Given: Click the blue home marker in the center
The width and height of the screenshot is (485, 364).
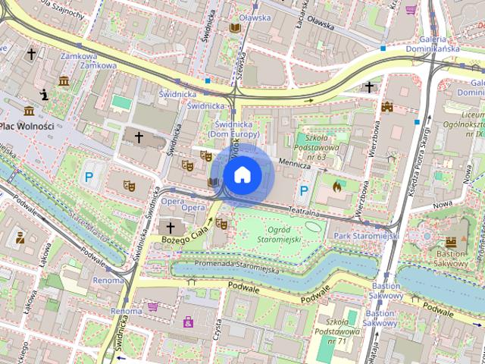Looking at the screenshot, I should coord(242,175).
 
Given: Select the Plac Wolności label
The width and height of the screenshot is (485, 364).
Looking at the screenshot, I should coord(26,126).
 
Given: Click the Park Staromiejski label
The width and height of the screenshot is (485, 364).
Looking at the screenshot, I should coord(366,237).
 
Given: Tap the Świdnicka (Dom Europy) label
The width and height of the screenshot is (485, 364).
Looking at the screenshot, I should coord(236,128).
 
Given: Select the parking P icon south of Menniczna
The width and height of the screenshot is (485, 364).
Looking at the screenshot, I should coord(305,190).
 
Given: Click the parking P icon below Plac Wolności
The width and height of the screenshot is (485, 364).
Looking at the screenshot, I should coord(90,177).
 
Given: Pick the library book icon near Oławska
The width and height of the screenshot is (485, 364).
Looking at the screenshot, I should coord(235,27).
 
